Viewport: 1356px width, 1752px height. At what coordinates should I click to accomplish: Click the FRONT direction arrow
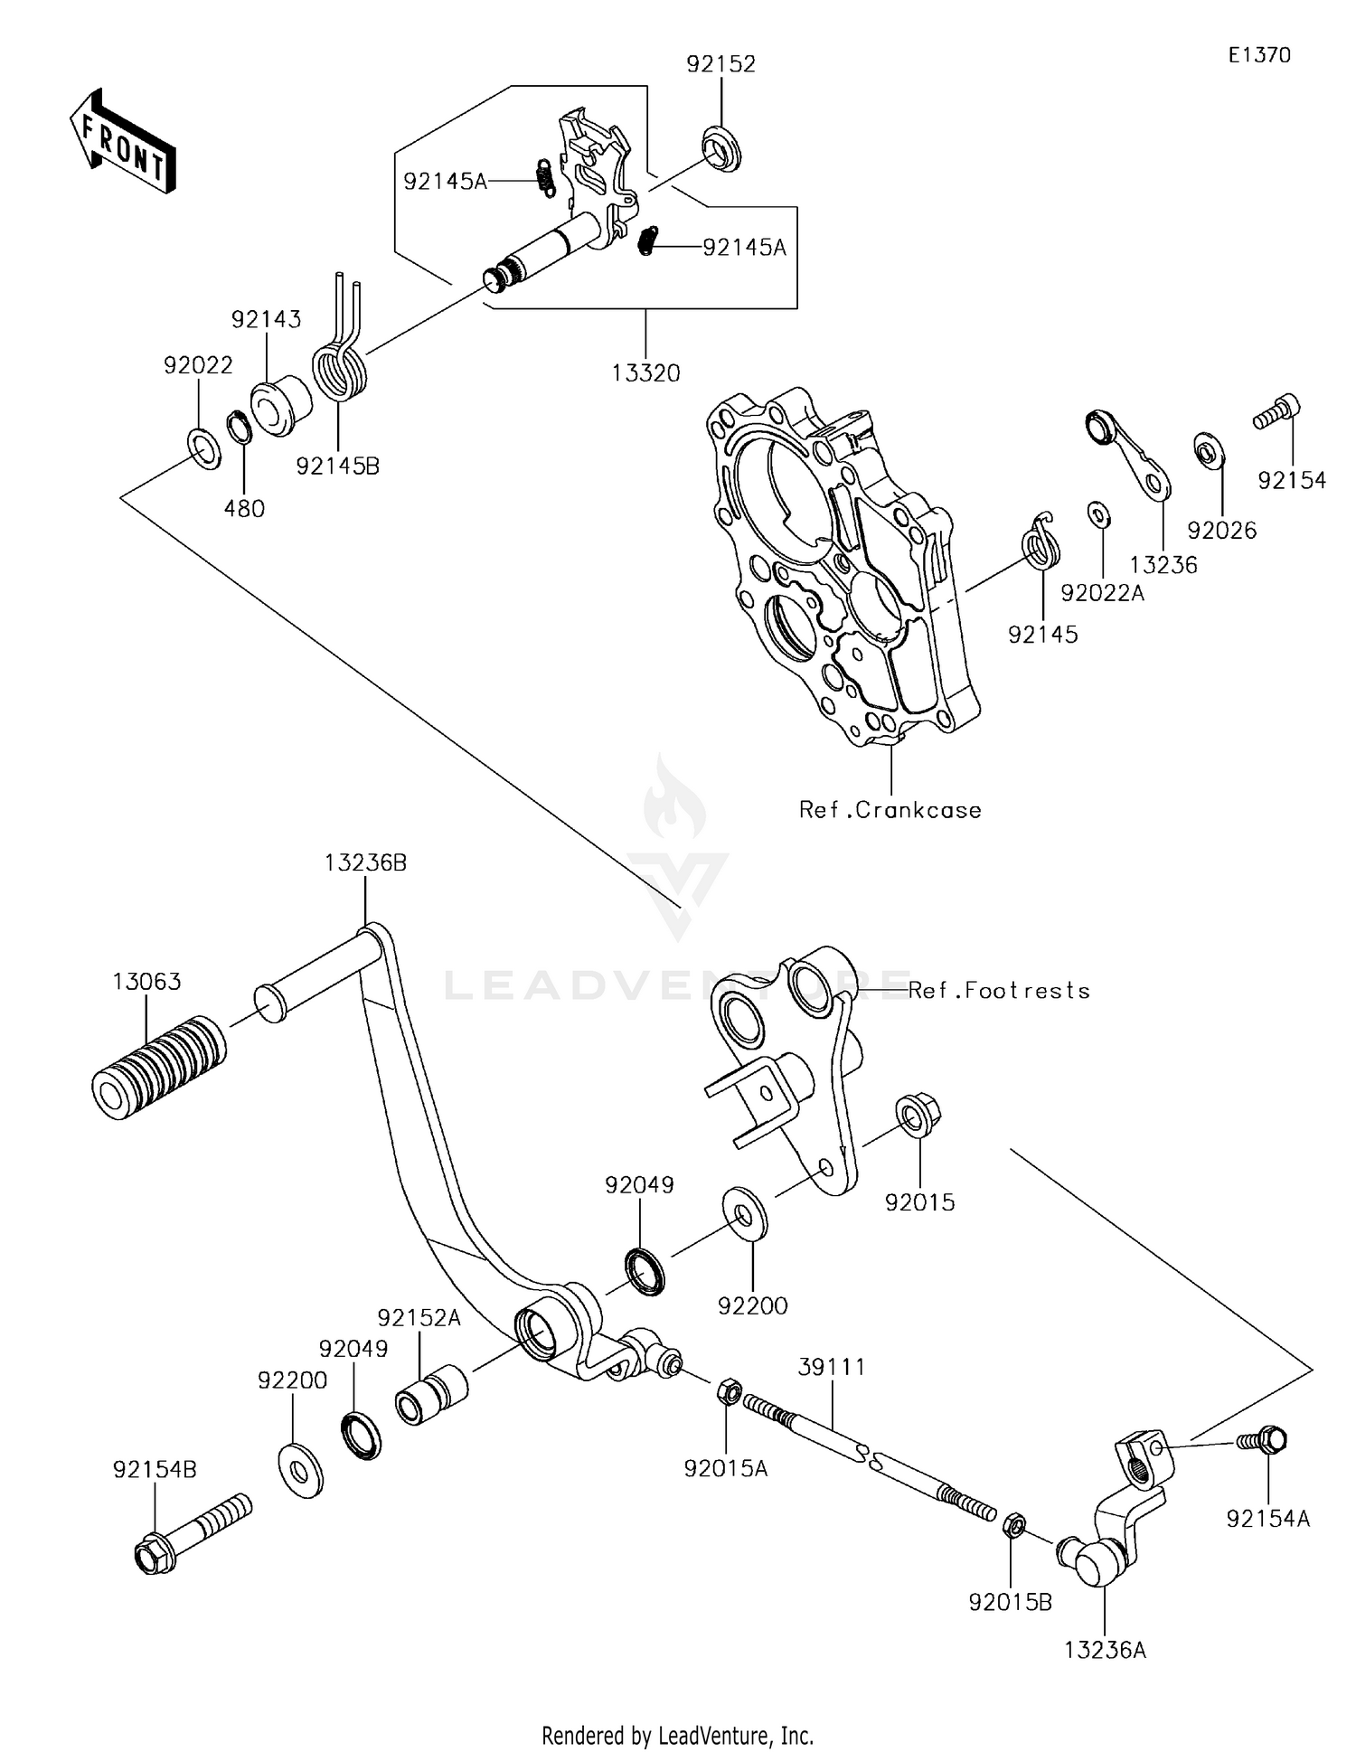[x=122, y=142]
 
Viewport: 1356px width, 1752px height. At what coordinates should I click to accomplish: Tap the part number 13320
[x=645, y=372]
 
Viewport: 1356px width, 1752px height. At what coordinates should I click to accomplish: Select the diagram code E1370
[x=1259, y=55]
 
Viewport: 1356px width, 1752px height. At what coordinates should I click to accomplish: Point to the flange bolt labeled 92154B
[x=191, y=1534]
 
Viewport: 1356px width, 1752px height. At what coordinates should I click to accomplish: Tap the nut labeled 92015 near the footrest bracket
[x=918, y=1115]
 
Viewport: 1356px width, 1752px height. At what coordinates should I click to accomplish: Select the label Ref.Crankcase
[x=890, y=810]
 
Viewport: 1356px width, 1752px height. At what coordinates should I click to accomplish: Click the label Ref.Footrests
[x=999, y=991]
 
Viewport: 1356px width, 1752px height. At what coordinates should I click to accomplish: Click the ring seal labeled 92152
[x=720, y=148]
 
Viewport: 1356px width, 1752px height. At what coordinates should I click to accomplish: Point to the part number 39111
[x=831, y=1367]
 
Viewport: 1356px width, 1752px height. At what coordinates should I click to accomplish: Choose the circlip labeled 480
[x=240, y=427]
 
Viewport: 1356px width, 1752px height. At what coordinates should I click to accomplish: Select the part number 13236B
[x=365, y=863]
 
